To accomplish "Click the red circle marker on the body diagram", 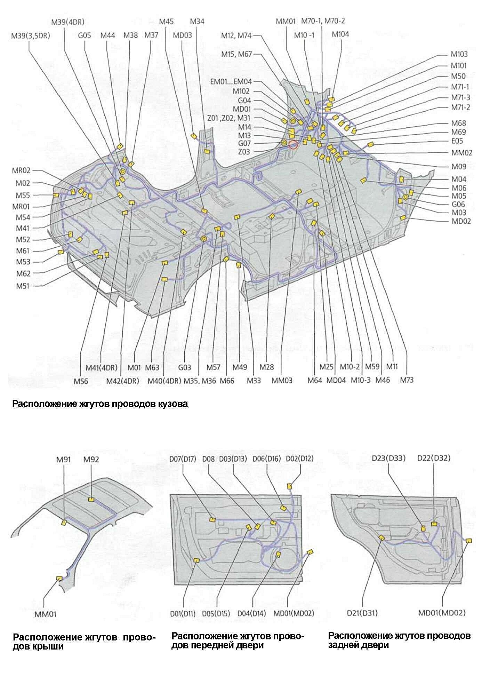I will [294, 144].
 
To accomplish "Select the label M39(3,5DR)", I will [31, 35].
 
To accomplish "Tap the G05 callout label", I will [85, 35].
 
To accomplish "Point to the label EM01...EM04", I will [231, 82].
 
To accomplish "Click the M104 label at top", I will [340, 34].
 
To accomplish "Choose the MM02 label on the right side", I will [461, 153].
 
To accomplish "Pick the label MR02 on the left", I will [21, 170].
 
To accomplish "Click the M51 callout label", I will [23, 286].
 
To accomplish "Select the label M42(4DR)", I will [123, 381].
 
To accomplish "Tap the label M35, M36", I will [200, 381].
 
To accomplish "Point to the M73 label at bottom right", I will [407, 380].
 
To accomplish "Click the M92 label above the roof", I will [91, 459].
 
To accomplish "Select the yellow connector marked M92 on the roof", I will [91, 499].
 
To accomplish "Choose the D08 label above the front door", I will [209, 459].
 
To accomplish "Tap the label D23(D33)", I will [388, 458].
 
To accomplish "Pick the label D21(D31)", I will [362, 613].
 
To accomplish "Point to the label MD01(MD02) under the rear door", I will [441, 613].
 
